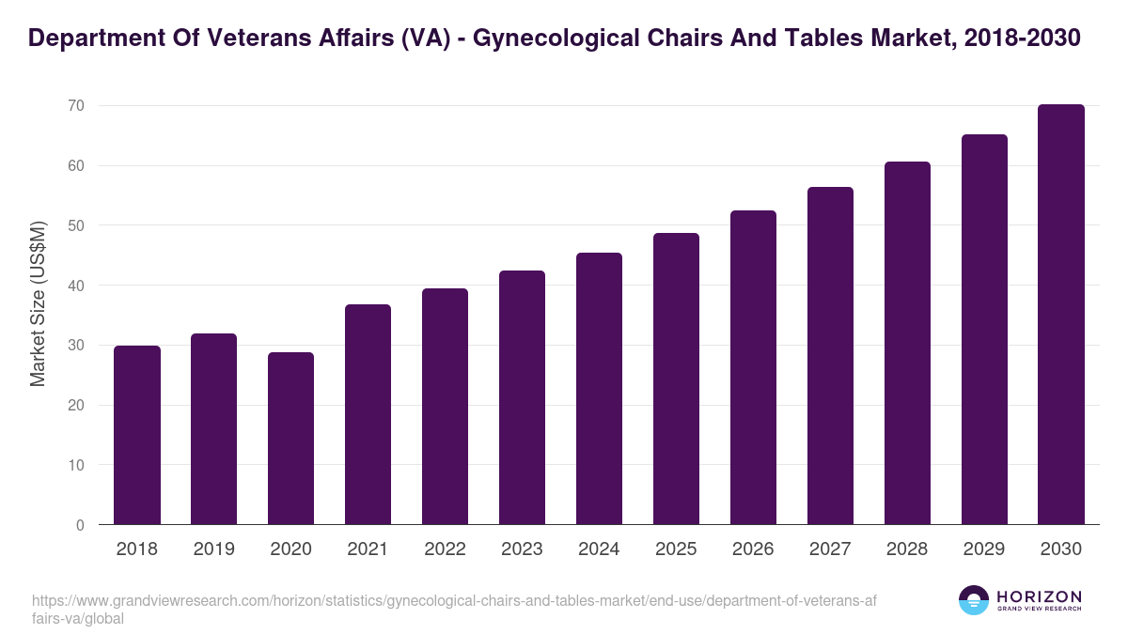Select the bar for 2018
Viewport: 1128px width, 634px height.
(137, 435)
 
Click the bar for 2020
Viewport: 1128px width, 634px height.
(290, 439)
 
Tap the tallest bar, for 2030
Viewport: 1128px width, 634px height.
(1061, 315)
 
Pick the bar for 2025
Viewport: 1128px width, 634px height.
(676, 379)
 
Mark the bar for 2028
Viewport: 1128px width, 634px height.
(907, 343)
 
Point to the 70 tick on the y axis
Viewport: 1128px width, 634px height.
(75, 106)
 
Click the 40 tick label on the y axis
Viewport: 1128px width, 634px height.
(75, 286)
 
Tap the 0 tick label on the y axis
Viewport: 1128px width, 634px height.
(80, 525)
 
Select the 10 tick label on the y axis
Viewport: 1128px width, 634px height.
(75, 465)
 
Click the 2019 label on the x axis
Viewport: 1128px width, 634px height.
(213, 549)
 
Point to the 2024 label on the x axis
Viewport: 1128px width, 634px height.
(599, 549)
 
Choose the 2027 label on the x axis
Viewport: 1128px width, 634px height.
(830, 549)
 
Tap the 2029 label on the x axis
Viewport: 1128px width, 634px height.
(984, 549)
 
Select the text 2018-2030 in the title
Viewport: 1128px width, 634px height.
(1022, 39)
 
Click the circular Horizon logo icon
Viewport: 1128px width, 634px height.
(974, 600)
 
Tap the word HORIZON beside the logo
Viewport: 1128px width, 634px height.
(1039, 595)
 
